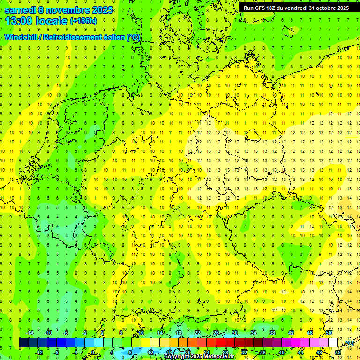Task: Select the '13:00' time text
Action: pos(18,21)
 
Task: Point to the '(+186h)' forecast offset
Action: pos(83,21)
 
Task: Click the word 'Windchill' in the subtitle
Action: pos(22,37)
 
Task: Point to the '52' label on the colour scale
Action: pos(337,352)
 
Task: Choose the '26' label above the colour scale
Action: pos(216,333)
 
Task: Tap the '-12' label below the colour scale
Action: pos(39,352)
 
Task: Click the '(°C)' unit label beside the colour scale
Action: pos(348,343)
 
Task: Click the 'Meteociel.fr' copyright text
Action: pos(219,357)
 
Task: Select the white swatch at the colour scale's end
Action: pos(333,343)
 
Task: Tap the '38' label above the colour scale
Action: pos(272,333)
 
